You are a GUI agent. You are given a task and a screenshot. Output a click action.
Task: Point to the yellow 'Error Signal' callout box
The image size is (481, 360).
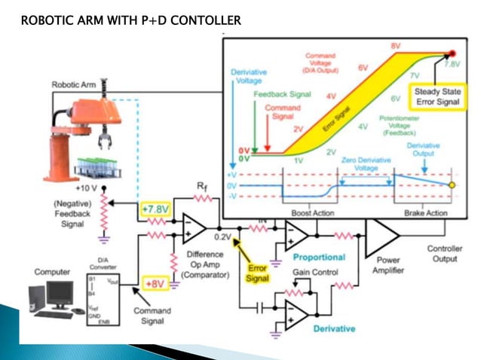point(257,273)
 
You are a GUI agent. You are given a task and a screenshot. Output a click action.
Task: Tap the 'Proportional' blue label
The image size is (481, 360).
point(319,257)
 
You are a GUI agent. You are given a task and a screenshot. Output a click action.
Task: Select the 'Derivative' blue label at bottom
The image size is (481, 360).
point(334,328)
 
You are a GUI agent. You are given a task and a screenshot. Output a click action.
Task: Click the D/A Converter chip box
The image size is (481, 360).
point(103,294)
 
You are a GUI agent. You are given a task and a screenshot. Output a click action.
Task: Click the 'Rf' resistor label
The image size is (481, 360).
point(201,185)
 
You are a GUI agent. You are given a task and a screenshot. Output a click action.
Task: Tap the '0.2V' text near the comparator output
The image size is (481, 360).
point(223,236)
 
